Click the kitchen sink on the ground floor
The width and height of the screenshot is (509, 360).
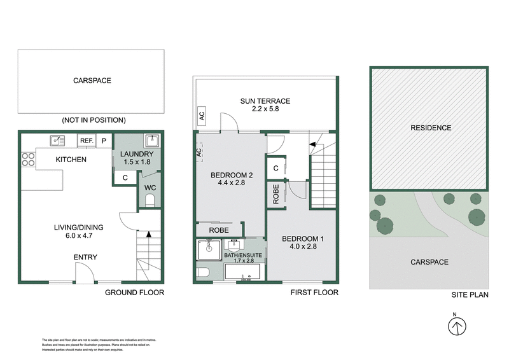57,140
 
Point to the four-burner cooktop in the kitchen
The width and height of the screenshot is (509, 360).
29,159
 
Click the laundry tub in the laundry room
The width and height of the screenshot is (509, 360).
151,141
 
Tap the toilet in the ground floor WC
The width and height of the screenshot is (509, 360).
150,201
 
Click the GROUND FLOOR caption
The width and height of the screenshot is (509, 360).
134,293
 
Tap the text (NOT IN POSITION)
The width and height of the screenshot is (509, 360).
94,120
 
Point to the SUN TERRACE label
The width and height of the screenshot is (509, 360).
265,101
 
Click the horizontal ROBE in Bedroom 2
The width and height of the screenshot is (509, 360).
219,230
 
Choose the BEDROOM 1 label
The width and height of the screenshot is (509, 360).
303,239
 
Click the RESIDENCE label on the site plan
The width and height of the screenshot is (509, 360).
430,128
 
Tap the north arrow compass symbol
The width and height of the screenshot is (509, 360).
456,326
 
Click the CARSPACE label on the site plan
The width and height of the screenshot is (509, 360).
429,262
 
